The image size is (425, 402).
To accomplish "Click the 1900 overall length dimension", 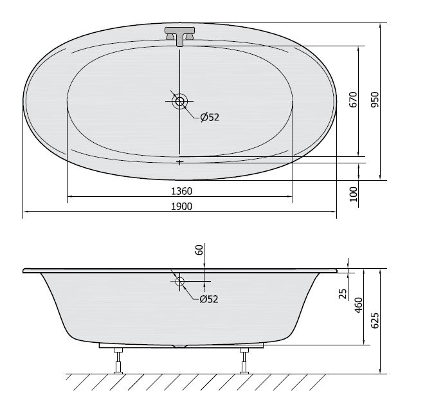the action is point(181,206).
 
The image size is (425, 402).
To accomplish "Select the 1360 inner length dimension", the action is point(181,192).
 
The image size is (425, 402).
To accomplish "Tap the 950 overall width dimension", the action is point(375,100).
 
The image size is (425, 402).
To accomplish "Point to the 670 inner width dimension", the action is point(353,100).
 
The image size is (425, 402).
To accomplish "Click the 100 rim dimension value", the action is point(354,194).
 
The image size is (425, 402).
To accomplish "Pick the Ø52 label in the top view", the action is point(210,117).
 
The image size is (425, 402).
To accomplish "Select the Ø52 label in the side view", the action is point(209,299).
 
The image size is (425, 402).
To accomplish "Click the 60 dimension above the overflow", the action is point(199,250).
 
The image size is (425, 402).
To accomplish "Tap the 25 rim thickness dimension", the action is point(343,294).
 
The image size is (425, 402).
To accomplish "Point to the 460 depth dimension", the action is point(358,306).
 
